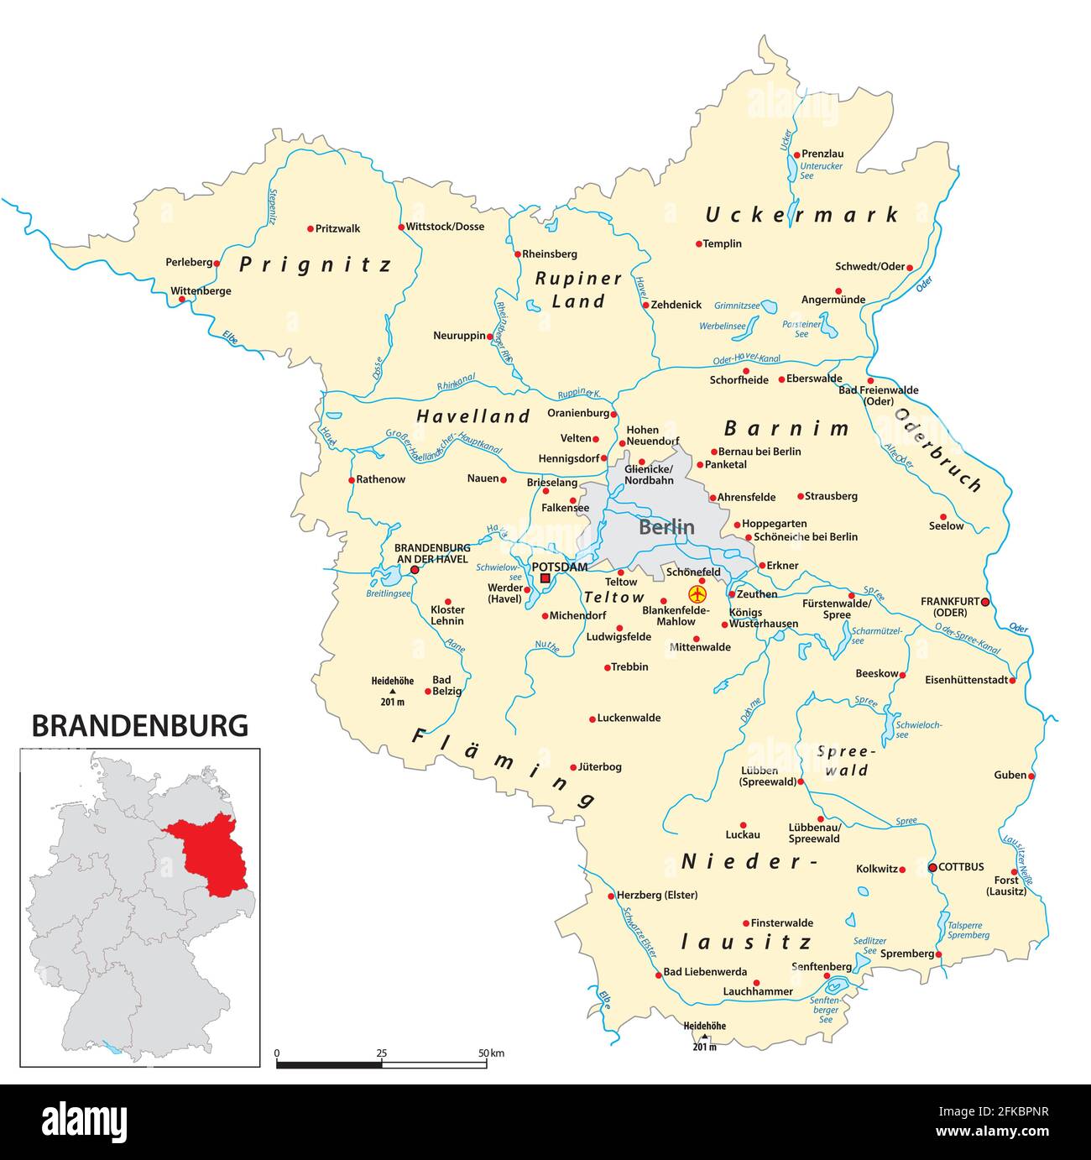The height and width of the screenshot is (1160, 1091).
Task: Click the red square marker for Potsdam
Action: [x=545, y=578]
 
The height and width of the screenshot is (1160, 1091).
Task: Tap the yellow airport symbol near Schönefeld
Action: [x=697, y=594]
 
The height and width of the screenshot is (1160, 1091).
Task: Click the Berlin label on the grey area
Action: [x=666, y=527]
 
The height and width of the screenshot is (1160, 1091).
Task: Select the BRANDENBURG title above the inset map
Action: [x=140, y=725]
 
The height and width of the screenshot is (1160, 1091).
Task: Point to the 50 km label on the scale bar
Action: [x=491, y=1053]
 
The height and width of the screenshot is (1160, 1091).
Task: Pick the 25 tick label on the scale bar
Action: [x=382, y=1053]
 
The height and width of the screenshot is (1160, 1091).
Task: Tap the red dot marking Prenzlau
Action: [x=797, y=154]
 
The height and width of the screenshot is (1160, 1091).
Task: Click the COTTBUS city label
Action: [x=961, y=867]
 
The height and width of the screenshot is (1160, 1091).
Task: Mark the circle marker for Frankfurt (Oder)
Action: [x=985, y=602]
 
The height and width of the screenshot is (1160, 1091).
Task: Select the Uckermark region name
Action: [x=801, y=215]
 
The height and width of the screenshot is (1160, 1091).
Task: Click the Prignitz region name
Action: [x=316, y=265]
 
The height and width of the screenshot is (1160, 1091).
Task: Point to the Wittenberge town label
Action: [x=201, y=291]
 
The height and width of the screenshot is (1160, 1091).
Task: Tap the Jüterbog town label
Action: [x=600, y=766]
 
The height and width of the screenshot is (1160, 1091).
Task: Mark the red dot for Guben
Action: [x=1031, y=776]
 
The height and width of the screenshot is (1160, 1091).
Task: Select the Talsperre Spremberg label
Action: [x=968, y=930]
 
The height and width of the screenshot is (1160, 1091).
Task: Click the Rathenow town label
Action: [x=381, y=479]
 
